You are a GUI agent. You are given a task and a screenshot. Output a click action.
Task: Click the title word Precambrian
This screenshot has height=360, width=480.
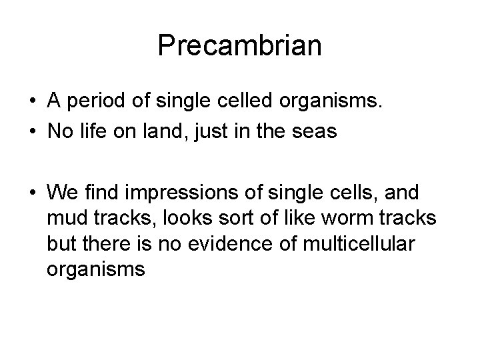tap(240, 46)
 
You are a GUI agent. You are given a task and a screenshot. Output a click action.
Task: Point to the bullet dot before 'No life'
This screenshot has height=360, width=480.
tap(32, 133)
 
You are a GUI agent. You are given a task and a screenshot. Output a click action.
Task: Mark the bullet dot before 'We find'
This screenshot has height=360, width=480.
tap(32, 193)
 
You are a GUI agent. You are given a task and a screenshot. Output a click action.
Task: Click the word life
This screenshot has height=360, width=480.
tap(89, 133)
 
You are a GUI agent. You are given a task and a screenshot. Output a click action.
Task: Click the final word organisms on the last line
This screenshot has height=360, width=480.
tap(95, 269)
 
